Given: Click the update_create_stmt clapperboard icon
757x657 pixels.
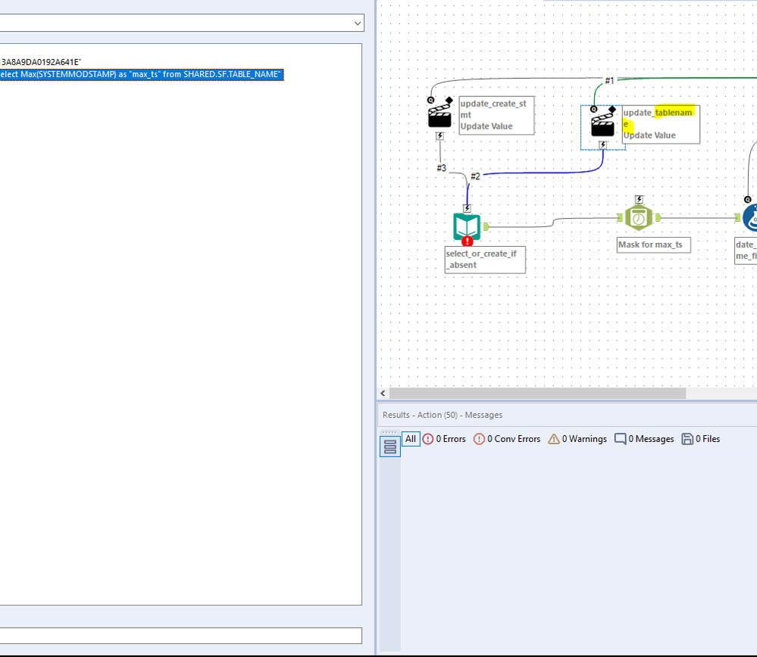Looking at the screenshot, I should pos(439,116).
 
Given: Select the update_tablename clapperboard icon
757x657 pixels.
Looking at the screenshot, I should pos(602,124).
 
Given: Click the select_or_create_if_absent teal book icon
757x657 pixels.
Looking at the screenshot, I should pos(467,226).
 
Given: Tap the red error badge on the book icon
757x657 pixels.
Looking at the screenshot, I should pos(468,241).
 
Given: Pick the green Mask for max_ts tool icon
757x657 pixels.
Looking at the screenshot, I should pos(639,218).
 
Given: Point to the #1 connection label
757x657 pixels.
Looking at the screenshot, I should pos(609,80).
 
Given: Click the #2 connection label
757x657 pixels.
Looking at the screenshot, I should pos(475,176).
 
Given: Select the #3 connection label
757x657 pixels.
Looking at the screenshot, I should pos(441,167).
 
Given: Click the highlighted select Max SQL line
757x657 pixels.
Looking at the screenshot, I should pos(141,74).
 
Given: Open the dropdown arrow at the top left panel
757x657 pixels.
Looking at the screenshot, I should pos(358,23).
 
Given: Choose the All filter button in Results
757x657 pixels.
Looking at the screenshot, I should pos(410,439).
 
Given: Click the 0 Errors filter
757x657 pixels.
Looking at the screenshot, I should pos(444,439).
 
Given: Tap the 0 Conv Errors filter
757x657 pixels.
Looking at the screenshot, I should pos(507,439).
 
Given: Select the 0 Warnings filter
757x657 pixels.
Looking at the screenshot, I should pos(577,439).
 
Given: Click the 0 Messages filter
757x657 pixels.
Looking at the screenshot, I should pos(644,439).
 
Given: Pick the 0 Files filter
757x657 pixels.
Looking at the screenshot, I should pos(701,439).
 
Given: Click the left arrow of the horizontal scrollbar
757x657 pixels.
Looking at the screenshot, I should pos(383,394).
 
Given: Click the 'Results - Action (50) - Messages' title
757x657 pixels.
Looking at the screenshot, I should pos(442,415).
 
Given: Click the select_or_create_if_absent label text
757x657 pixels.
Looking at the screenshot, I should pos(481,259).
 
